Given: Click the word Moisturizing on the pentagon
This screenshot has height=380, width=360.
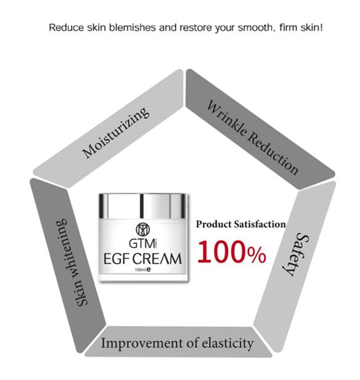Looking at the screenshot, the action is tap(115, 132).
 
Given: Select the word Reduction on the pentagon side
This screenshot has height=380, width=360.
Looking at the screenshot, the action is tap(273, 153).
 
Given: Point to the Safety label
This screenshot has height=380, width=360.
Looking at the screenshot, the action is tap(295, 254).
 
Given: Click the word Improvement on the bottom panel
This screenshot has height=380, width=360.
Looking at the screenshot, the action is tap(142, 344).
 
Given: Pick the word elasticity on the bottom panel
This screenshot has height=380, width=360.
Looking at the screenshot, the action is tap(227, 344).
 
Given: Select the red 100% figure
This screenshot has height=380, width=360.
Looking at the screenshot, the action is tap(232, 252).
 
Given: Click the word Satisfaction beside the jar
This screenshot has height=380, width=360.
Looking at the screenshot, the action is tap(260, 224).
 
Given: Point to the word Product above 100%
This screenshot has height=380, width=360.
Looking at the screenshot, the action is tap(214, 224).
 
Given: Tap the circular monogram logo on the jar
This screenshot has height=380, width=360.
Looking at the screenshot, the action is tap(142, 229).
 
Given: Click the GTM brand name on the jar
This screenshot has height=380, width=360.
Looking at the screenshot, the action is tap(142, 243).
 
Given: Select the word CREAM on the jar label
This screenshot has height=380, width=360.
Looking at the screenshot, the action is tap(157, 259).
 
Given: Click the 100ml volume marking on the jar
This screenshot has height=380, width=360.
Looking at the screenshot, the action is tap(141, 270).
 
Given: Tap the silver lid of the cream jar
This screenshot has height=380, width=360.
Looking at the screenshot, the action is tap(143, 206).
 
